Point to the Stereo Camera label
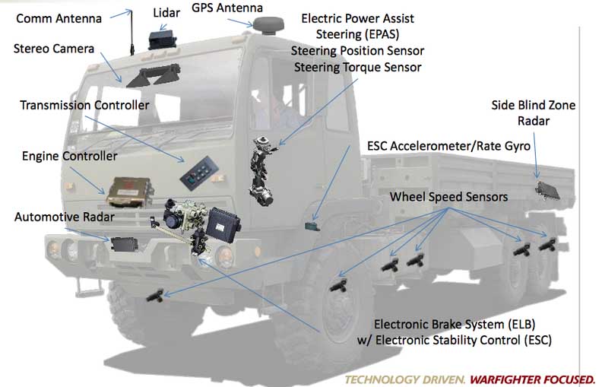coord(54,49)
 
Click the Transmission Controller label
coord(84,105)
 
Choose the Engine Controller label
coord(69,157)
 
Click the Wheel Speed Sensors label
coord(449,197)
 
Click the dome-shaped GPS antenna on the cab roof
coord(271,27)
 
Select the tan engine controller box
coord(125,189)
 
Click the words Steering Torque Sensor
coord(356,67)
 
